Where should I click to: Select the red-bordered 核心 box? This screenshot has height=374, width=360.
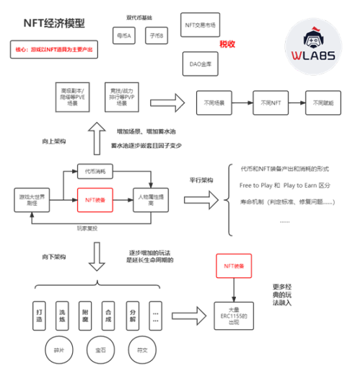point(54,50)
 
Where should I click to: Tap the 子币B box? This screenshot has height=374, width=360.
point(156,34)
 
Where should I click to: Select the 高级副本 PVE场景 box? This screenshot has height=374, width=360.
point(71,96)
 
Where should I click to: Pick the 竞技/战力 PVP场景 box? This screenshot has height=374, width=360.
point(120,96)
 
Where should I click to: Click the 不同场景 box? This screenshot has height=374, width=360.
point(214,103)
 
